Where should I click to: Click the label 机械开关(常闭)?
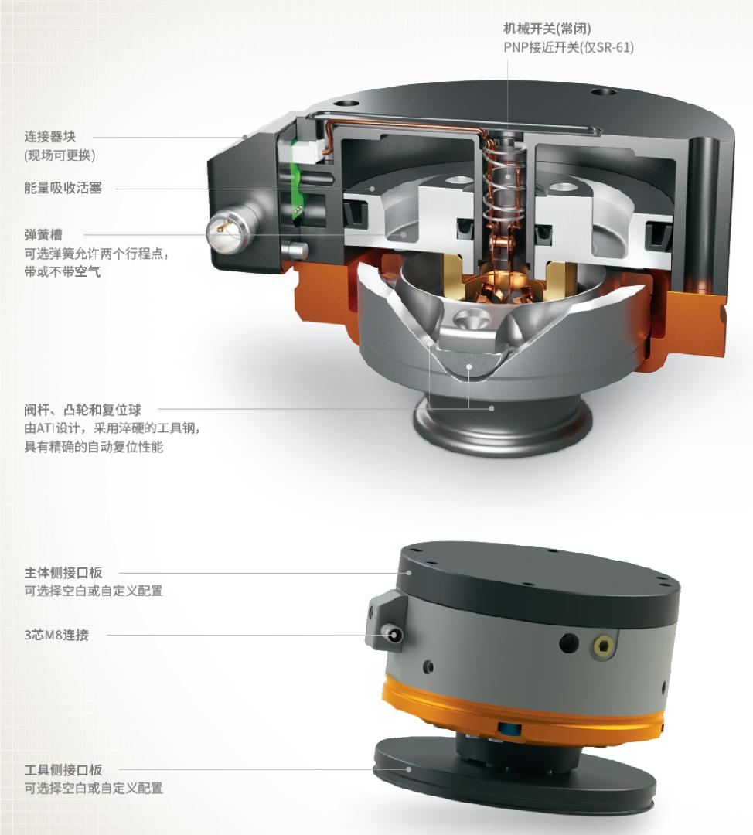click(x=547, y=29)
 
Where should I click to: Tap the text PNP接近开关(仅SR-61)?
click(x=568, y=47)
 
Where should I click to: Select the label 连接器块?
click(x=49, y=136)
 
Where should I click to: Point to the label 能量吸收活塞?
click(x=63, y=187)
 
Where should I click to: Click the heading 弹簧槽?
click(x=43, y=234)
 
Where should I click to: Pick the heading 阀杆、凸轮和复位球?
click(x=83, y=410)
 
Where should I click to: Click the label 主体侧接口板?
click(x=63, y=572)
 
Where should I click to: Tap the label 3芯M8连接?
click(x=56, y=634)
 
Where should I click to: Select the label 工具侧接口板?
click(x=63, y=769)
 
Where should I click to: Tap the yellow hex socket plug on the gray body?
click(x=603, y=646)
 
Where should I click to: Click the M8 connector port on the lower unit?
click(x=394, y=636)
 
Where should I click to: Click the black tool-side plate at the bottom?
click(x=514, y=782)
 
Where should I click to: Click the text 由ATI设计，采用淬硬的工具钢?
click(x=112, y=428)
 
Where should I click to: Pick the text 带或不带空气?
click(x=63, y=271)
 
